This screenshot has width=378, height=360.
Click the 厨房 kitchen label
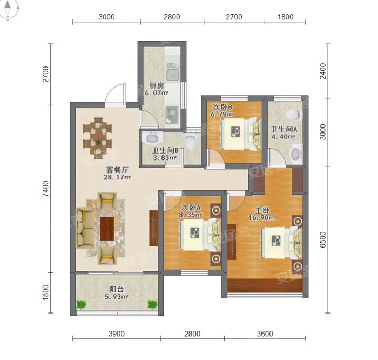pos(157,85)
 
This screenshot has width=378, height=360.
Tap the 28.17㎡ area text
pos(117,177)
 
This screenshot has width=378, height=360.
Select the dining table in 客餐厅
pos(98,138)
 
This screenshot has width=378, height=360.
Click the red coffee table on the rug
pos(107,229)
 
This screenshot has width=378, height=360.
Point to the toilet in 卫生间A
pos(294,114)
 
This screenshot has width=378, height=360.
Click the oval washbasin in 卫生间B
pos(153,139)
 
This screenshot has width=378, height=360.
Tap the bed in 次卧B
pos(241,134)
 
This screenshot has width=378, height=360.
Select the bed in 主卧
pos(281,243)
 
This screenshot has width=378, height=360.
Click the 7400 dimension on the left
pos(45,189)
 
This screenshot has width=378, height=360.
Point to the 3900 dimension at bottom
pos(117,334)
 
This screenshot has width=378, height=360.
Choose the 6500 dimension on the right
pos(322,239)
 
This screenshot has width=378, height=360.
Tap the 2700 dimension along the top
pos(234,17)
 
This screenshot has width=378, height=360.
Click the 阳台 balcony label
pos(117,289)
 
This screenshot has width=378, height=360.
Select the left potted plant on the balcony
pos(81,304)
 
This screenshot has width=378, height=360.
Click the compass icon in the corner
pos(9,10)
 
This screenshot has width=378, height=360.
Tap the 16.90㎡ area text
pos(262,218)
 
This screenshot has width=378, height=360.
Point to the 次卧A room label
pos(191,207)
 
